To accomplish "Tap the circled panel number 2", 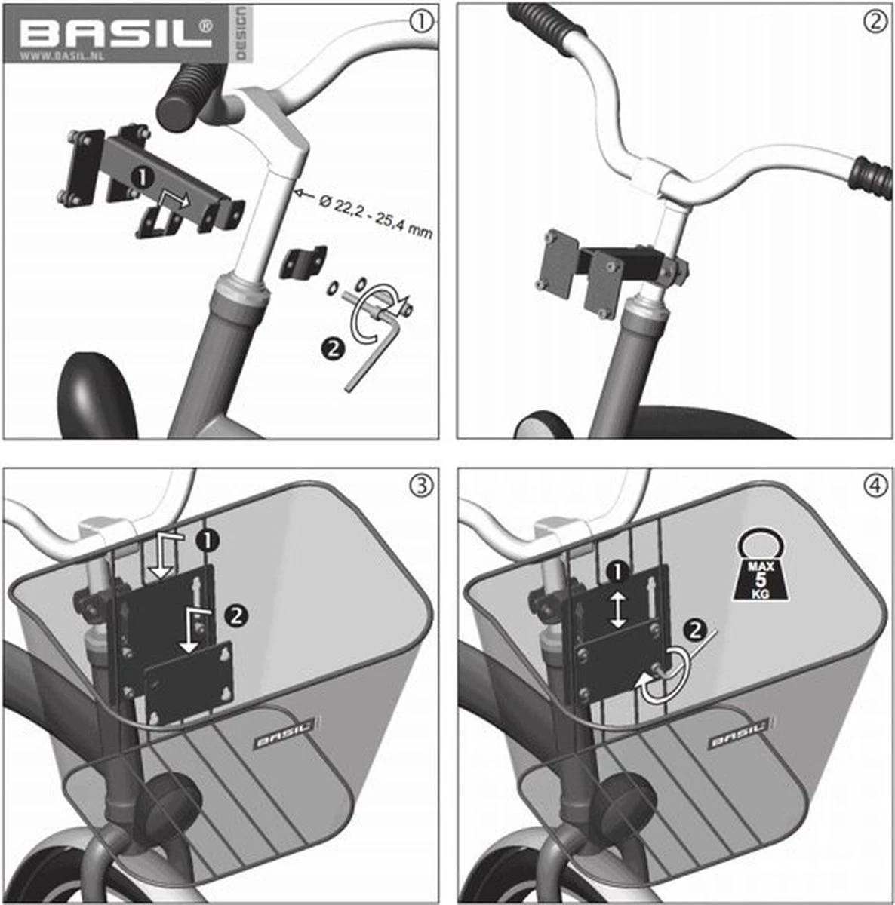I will (875, 20).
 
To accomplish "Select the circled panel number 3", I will (422, 486).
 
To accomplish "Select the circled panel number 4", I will (875, 486).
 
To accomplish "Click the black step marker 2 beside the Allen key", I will (331, 348).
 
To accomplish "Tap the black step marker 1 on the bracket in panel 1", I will (140, 177).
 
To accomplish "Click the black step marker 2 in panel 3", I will (236, 616).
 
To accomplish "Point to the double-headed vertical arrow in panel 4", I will (617, 609).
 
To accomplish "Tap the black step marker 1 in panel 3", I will (205, 538).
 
